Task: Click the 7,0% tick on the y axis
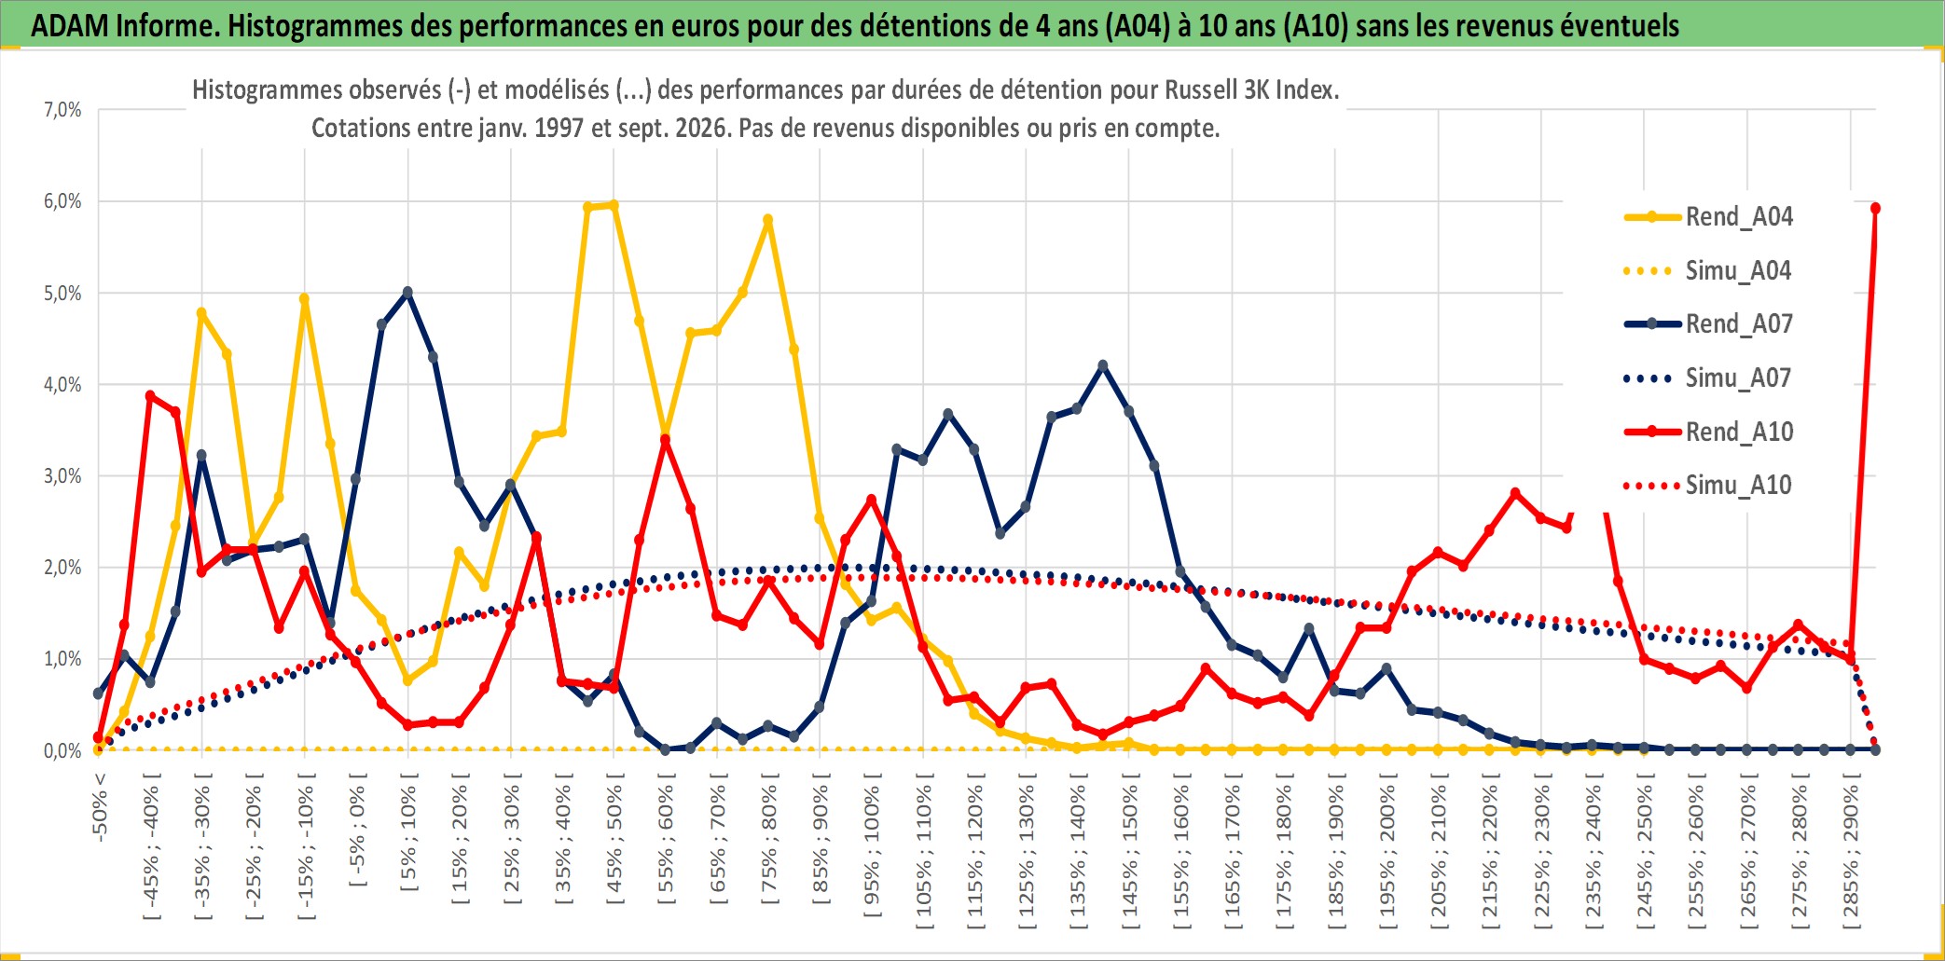tap(62, 110)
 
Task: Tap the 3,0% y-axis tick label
tap(62, 476)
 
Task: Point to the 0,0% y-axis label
tap(62, 751)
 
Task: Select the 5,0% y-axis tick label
tap(62, 294)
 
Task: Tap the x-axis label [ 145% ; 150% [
tap(1131, 852)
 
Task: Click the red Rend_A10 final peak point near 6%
tap(1875, 208)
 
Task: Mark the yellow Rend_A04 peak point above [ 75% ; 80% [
tap(767, 221)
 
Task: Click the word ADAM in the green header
tap(70, 25)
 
